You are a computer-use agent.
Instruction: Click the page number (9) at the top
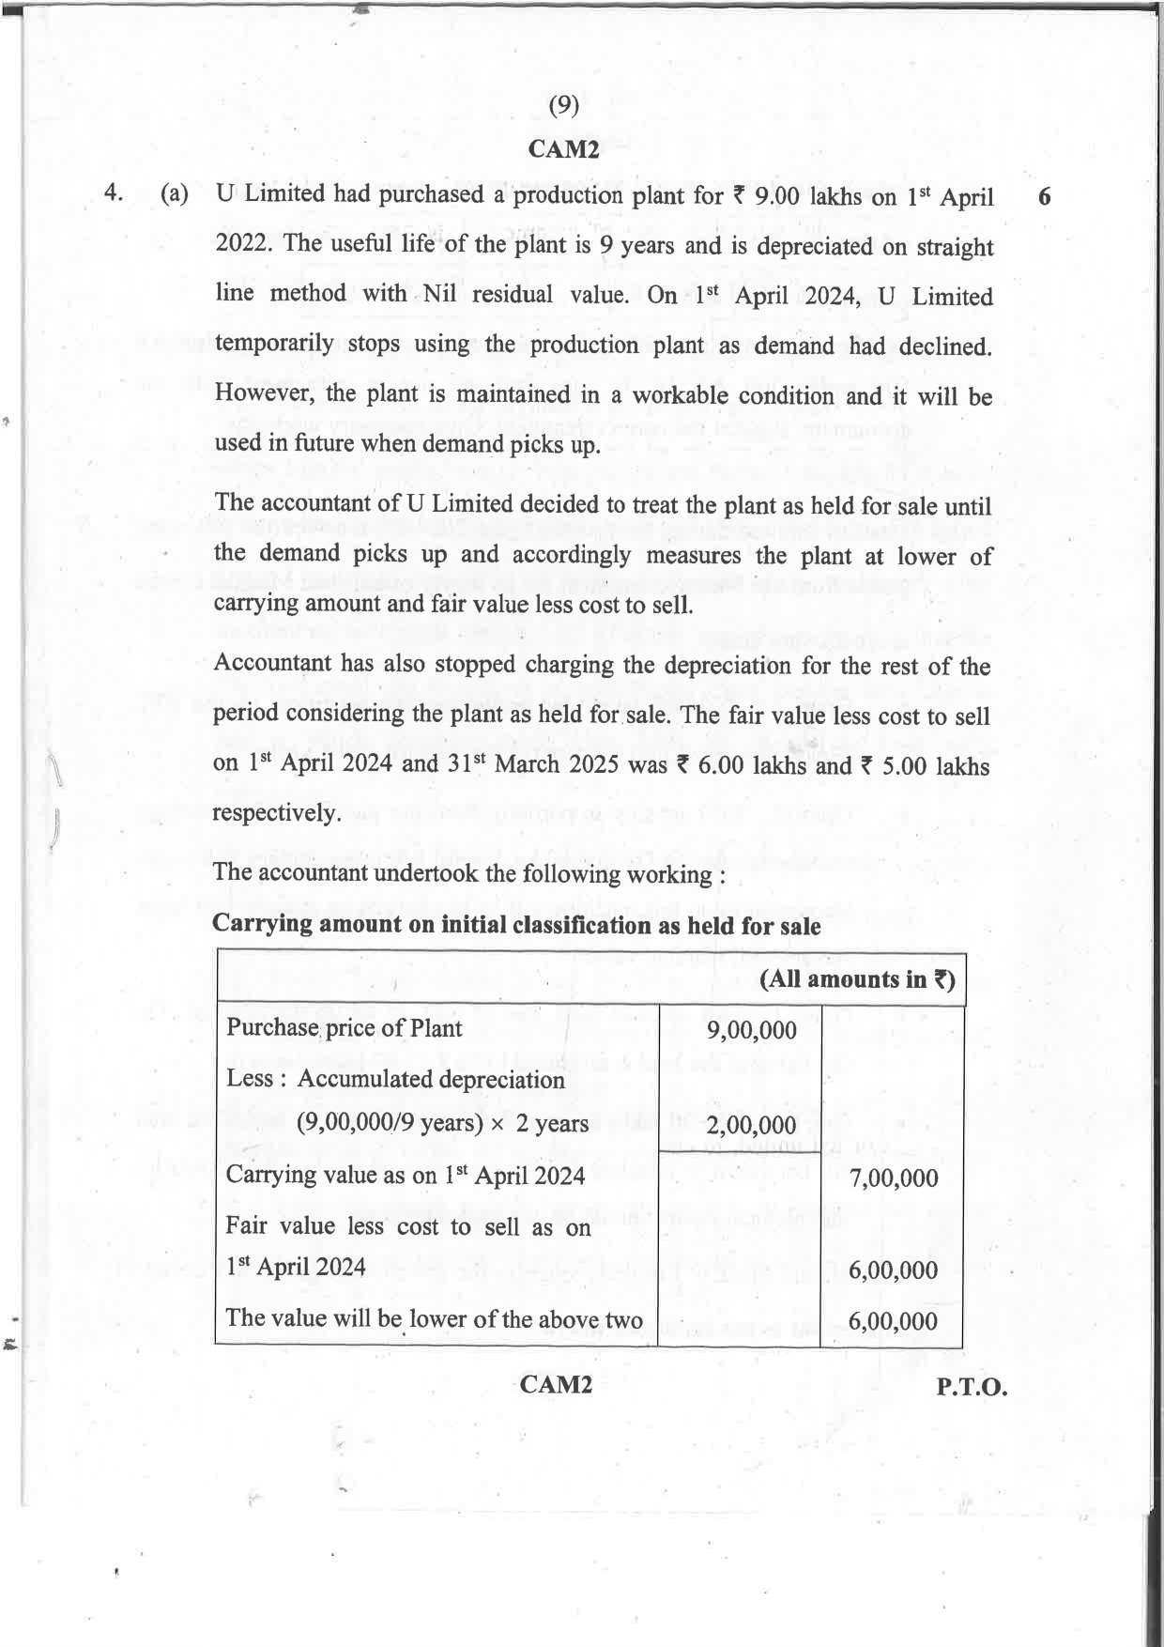563,105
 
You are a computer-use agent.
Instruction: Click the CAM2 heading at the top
563,148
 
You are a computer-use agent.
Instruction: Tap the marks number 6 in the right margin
1046,197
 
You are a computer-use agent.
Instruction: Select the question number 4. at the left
114,193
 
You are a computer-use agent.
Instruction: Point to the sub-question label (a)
174,194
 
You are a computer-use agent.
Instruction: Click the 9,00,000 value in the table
751,1030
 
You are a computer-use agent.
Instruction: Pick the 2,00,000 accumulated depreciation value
751,1125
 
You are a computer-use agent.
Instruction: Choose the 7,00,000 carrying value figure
893,1178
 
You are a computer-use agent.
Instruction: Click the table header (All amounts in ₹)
857,979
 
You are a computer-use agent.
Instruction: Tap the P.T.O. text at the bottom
972,1387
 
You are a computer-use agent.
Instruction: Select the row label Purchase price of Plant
344,1027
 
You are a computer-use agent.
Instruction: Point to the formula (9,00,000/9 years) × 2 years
442,1123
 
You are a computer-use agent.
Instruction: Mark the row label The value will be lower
434,1318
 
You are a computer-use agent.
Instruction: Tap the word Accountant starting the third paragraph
272,663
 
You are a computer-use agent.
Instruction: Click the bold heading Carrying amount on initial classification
516,925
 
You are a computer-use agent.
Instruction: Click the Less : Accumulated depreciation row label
395,1078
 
